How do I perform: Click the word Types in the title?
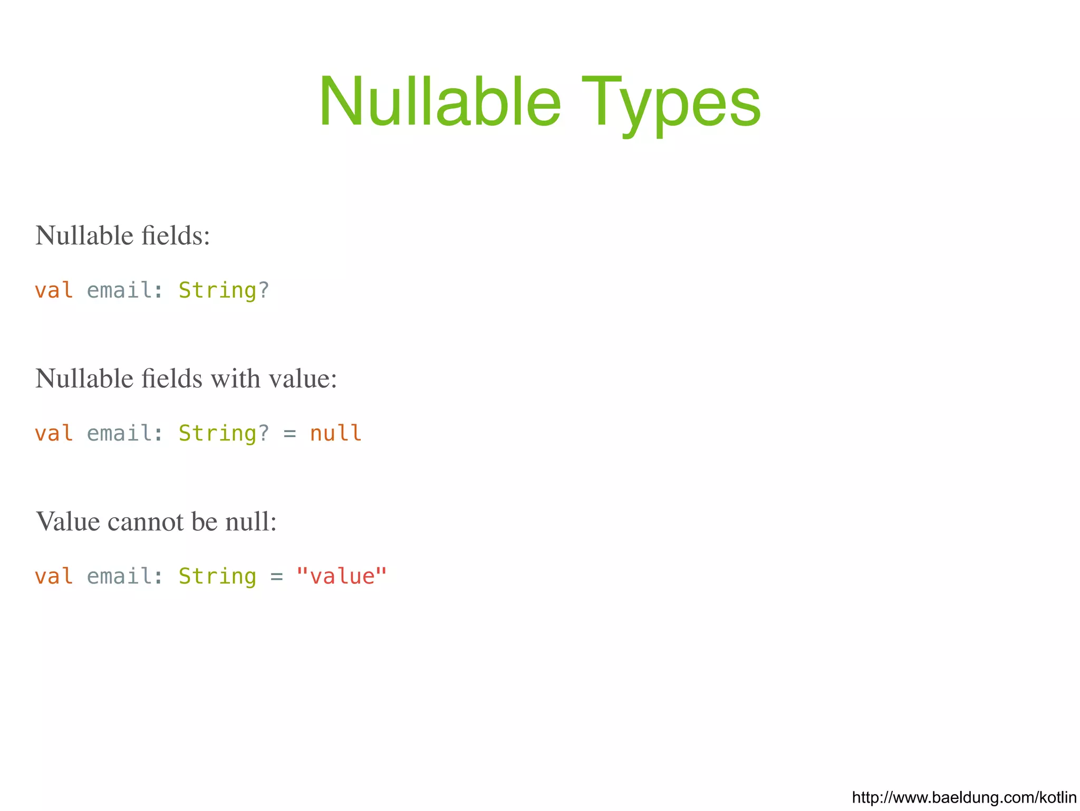click(x=671, y=101)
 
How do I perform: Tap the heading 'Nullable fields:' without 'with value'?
click(x=122, y=235)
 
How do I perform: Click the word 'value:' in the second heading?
click(x=303, y=378)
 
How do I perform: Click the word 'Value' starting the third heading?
click(x=67, y=521)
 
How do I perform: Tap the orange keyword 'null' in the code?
click(x=335, y=433)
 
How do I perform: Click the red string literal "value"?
click(x=342, y=576)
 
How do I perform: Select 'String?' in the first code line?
click(x=224, y=291)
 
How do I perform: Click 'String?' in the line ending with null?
click(x=224, y=433)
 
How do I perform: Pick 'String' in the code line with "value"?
click(x=217, y=576)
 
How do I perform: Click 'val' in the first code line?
click(x=54, y=291)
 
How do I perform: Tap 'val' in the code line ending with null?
click(x=54, y=433)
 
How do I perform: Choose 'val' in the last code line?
click(x=54, y=576)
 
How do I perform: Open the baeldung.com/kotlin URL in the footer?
click(x=964, y=797)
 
